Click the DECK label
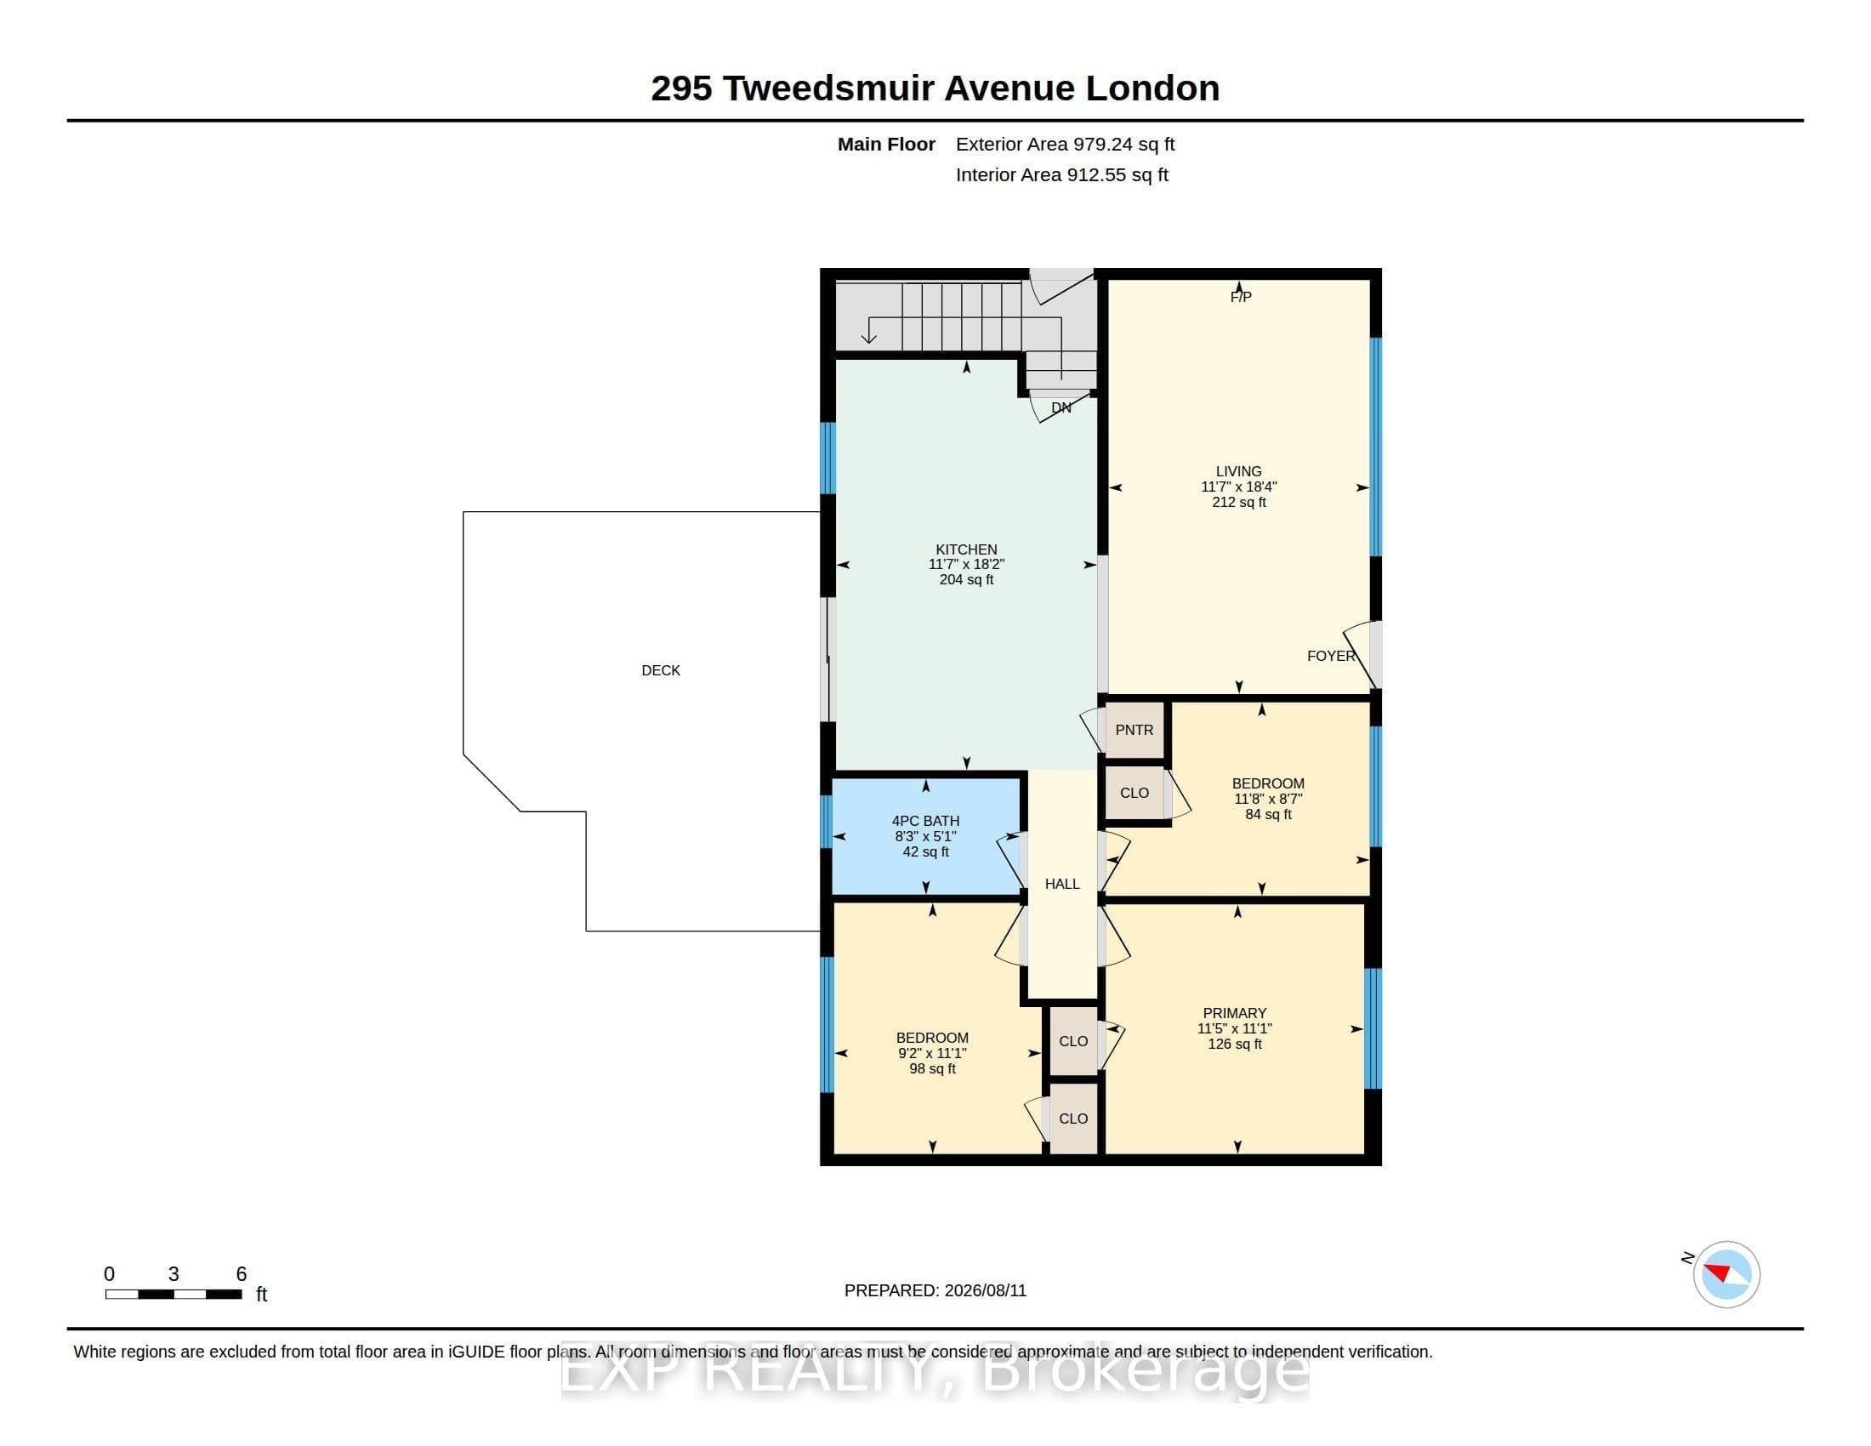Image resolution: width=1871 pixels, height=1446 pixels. coord(661,671)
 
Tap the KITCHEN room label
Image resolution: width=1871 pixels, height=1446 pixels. coord(966,549)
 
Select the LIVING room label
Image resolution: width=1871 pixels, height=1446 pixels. coord(1239,471)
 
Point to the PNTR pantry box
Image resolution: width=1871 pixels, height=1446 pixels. coord(1135,730)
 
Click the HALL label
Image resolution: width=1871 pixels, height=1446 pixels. coord(1062,884)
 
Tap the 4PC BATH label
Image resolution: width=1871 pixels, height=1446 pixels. coord(925,821)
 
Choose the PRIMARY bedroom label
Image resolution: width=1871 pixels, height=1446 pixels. coord(1235,1013)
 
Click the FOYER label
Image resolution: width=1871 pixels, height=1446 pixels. coord(1331,656)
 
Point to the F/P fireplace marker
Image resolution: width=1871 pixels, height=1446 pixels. coord(1241,296)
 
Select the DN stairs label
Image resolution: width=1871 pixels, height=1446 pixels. coord(1061,407)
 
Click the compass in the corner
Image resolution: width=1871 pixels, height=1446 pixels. coord(1726,1274)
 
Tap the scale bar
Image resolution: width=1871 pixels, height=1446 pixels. coord(173,1295)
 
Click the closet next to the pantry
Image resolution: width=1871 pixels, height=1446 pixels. coord(1135,794)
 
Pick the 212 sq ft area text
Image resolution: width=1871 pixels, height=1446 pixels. coord(1239,503)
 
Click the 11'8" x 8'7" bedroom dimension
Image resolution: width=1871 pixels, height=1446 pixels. coord(1268,800)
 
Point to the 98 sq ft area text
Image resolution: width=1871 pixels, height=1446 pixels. coord(932,1069)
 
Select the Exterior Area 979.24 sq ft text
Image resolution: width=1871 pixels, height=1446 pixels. coord(1065,145)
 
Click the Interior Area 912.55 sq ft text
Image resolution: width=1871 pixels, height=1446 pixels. coord(1062,174)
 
